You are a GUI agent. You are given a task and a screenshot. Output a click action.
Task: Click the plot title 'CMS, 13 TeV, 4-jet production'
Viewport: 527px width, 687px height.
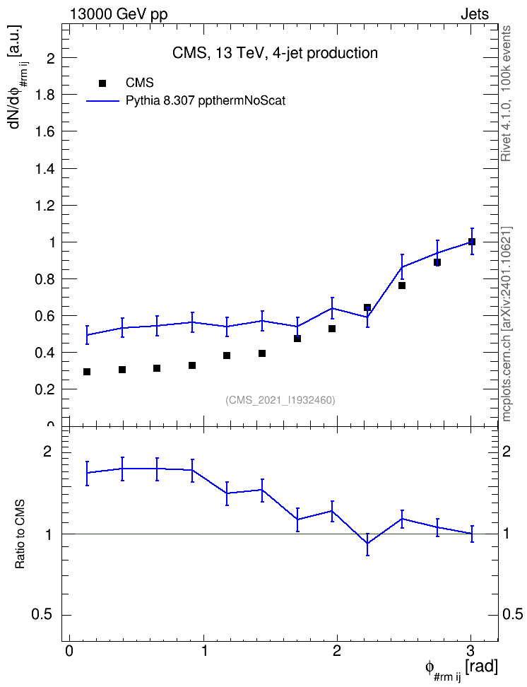(x=275, y=53)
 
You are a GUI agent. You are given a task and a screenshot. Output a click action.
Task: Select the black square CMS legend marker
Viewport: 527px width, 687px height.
(x=102, y=83)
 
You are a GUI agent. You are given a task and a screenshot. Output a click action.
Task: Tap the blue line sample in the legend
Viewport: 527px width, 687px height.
(x=102, y=101)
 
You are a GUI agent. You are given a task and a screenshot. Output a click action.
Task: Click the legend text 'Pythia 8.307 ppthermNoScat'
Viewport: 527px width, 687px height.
(x=206, y=101)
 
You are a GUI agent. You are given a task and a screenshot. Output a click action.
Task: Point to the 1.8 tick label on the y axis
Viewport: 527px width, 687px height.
(x=45, y=95)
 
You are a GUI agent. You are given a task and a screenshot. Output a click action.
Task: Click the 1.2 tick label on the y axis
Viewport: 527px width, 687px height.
(x=45, y=206)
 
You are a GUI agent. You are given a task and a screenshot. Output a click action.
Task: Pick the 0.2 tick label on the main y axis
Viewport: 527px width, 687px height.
(x=45, y=389)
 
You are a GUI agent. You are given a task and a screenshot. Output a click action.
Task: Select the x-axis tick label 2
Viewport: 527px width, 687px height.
(x=337, y=651)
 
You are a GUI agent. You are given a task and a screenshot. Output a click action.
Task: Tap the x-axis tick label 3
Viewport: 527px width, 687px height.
(x=470, y=651)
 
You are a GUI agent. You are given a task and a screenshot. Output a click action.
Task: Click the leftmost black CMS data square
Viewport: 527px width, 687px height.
(x=87, y=372)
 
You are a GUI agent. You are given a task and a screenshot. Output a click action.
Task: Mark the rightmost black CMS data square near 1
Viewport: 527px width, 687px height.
(x=472, y=242)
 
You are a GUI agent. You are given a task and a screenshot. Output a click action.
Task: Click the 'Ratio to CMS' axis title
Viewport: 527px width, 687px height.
(x=20, y=534)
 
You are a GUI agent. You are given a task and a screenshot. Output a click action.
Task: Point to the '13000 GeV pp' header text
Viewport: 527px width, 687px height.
(x=118, y=14)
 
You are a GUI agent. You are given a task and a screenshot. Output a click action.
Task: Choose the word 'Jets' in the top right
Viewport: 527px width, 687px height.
(x=475, y=14)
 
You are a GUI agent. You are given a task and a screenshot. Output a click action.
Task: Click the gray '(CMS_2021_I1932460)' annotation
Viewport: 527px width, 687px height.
(x=280, y=400)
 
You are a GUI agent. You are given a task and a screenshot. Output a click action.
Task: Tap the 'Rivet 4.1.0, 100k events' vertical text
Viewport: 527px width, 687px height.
(x=506, y=93)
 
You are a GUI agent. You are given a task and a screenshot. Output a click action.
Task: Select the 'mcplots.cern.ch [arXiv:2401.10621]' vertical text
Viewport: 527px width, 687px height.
(x=506, y=324)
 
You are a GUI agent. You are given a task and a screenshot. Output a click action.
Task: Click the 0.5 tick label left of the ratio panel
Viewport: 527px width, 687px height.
(x=43, y=615)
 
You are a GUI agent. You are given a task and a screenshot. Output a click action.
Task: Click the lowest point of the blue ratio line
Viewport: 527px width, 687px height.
(x=367, y=544)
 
